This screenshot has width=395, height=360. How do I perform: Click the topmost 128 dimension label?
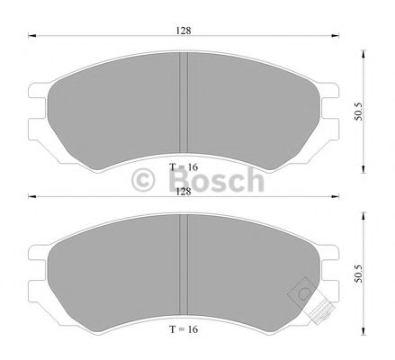[x=184, y=31]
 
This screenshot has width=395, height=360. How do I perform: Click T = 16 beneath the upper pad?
[x=183, y=168]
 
